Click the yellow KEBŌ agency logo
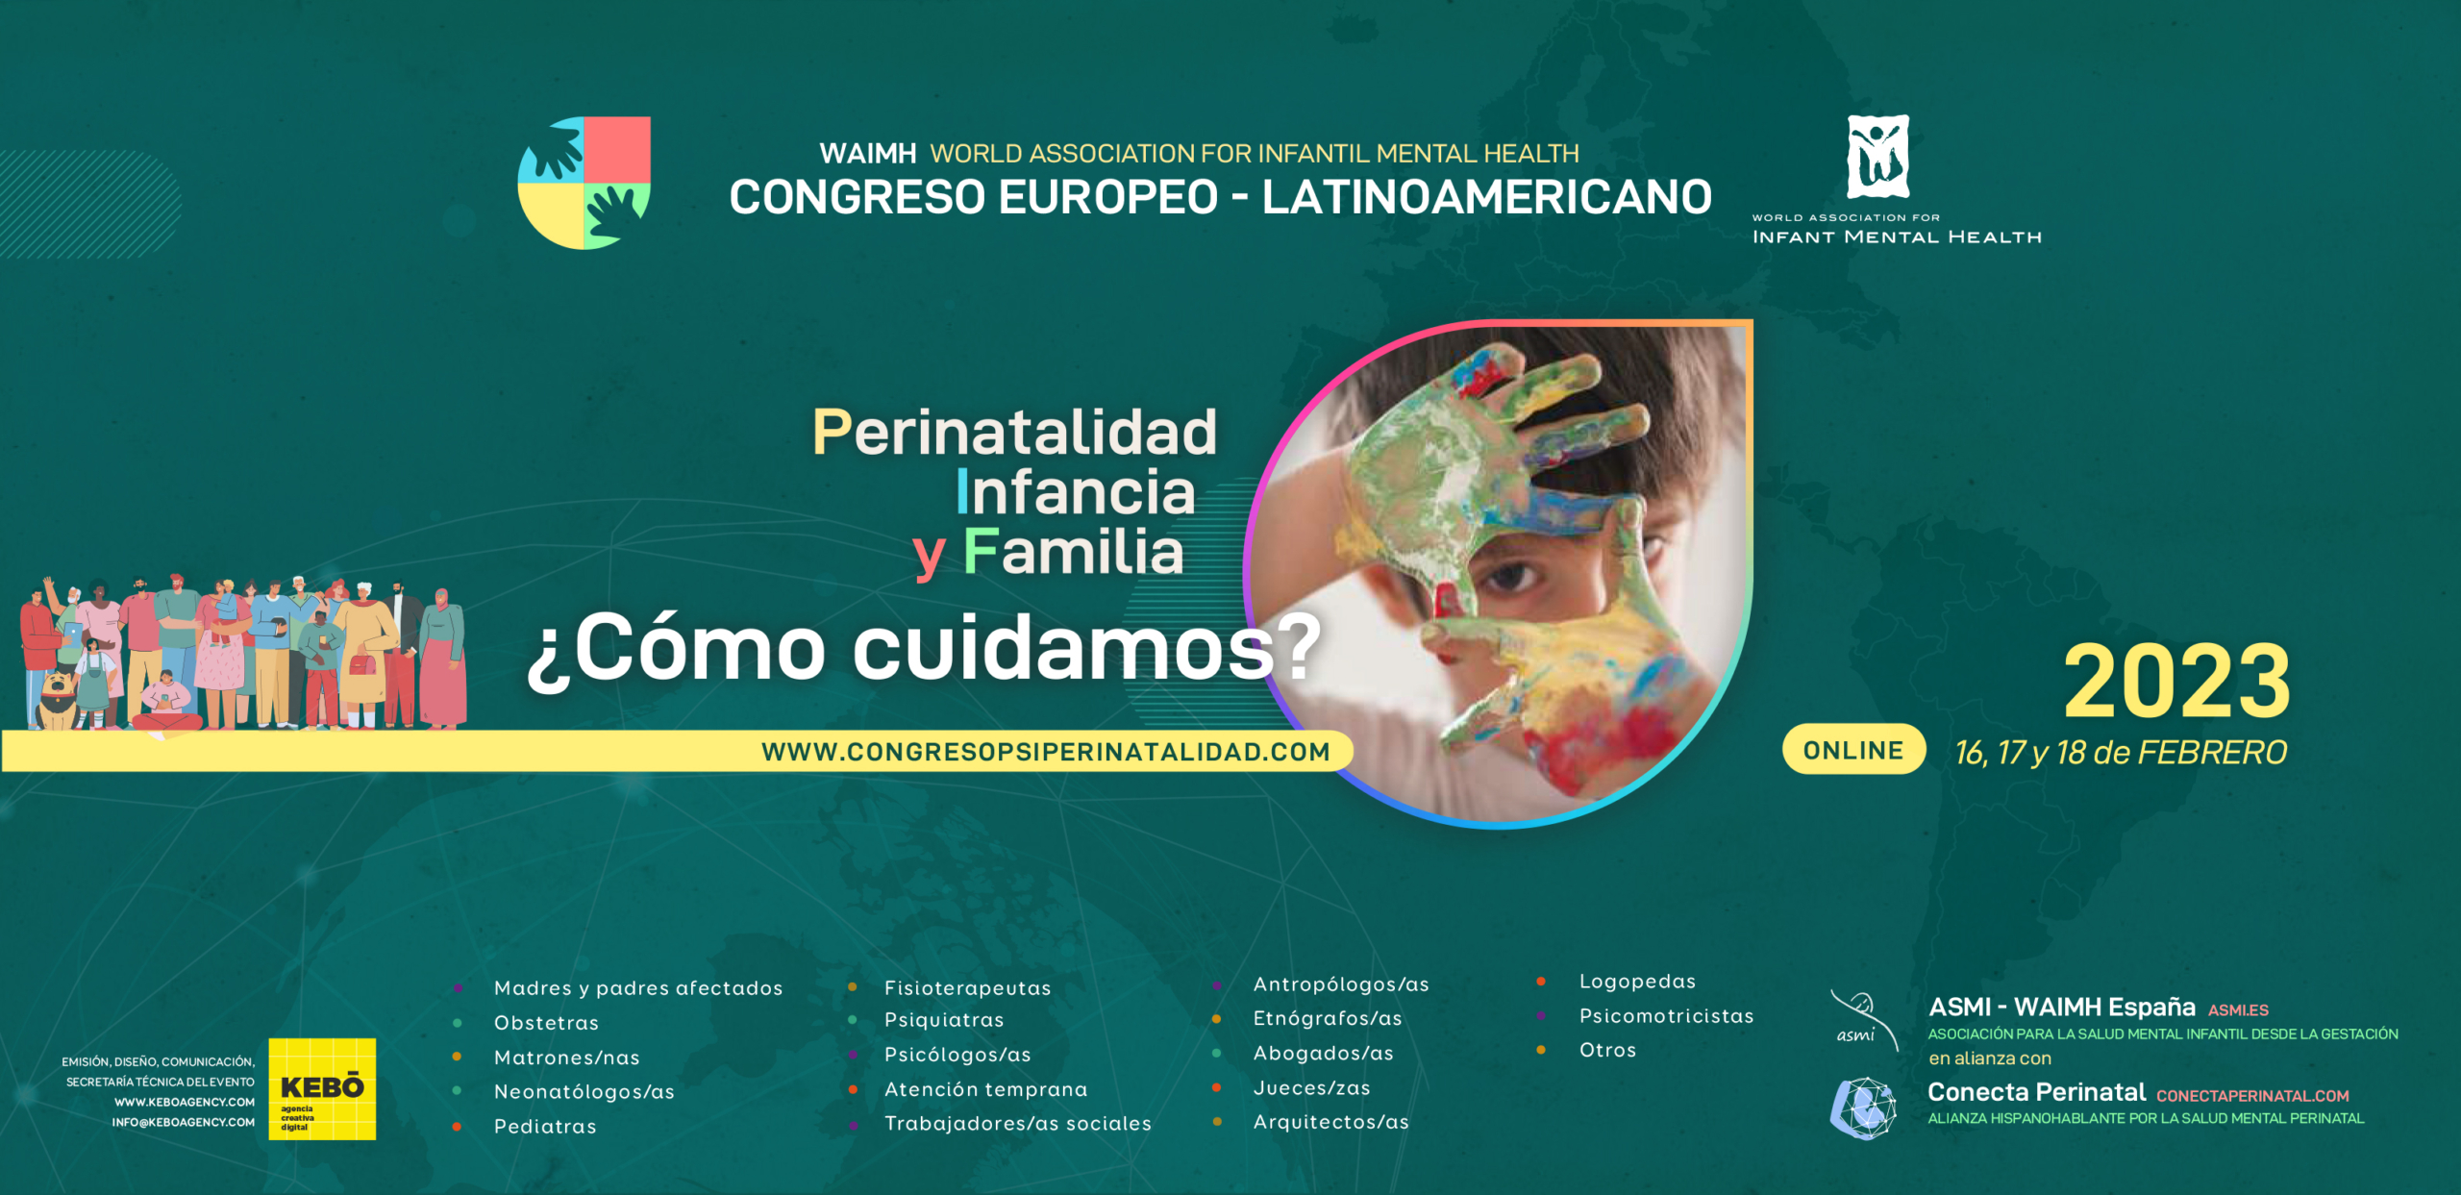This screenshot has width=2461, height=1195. click(322, 1089)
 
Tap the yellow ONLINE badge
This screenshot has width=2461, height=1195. click(1853, 750)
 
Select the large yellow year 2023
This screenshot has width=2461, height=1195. click(2176, 682)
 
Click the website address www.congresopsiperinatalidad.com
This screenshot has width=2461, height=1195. click(1046, 752)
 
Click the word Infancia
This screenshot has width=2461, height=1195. click(1076, 492)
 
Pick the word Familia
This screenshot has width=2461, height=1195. click(1073, 552)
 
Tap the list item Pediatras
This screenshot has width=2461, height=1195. click(545, 1127)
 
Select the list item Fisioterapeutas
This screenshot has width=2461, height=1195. click(967, 988)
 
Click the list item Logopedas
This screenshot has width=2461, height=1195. click(1637, 982)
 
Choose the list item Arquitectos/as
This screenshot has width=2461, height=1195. click(1330, 1122)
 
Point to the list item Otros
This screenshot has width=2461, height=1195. click(1607, 1050)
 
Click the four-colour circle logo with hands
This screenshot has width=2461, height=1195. click(584, 183)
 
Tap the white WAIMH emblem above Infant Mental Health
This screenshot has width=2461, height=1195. click(1877, 157)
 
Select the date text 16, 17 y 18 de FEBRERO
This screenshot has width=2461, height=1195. click(2121, 753)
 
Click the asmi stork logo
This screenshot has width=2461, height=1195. click(1863, 1020)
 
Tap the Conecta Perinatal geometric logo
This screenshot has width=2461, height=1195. click(1863, 1108)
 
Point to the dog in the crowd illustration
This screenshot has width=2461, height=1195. click(58, 700)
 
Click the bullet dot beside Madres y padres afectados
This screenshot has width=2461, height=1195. click(459, 988)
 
